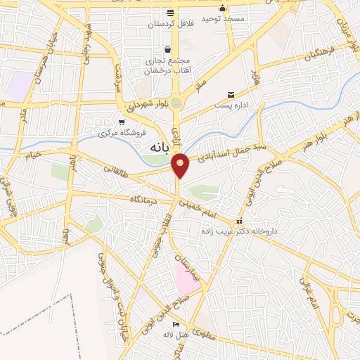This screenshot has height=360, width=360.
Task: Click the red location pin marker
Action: click(x=181, y=164)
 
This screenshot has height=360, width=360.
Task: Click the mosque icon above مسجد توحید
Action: click(x=222, y=8)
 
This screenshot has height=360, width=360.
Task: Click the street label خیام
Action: click(x=32, y=153)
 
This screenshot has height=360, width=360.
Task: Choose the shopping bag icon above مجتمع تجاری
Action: click(x=167, y=49)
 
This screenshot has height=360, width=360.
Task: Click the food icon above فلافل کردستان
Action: click(x=169, y=13)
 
